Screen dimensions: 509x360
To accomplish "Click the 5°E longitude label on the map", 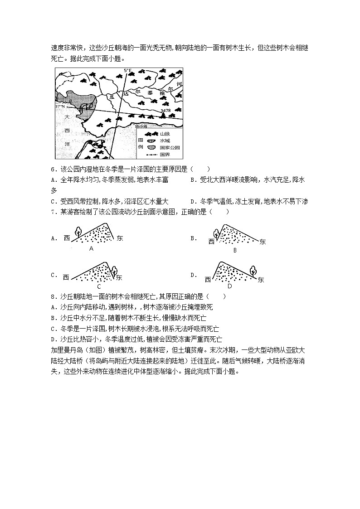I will [x=128, y=70].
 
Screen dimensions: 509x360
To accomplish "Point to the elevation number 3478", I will [x=165, y=111].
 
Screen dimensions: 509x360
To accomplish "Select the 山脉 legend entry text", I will [x=165, y=134].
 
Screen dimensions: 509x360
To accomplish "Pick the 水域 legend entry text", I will [x=165, y=141].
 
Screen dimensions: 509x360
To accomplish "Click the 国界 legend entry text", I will [x=165, y=155].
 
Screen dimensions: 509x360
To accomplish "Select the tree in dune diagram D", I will [x=253, y=272].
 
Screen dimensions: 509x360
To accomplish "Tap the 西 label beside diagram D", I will [x=208, y=280].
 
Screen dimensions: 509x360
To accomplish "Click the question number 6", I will [x=53, y=169].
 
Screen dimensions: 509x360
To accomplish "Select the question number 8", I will [x=53, y=296].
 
